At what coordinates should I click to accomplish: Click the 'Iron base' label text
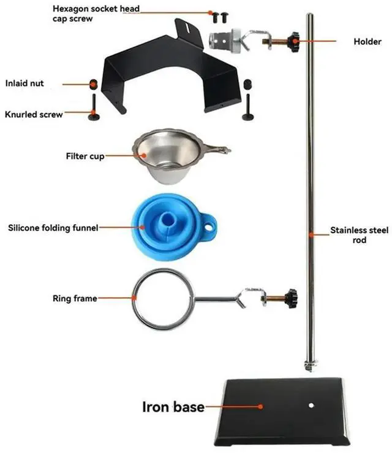coord(173,406)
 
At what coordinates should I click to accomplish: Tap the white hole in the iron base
coord(311,405)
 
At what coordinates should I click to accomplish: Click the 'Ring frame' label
coord(75,299)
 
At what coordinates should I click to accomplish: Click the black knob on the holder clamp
coord(296,42)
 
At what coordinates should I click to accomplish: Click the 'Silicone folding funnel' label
coord(53,228)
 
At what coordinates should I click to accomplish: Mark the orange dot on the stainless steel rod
coord(312,234)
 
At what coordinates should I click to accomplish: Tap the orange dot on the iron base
coord(261,406)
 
